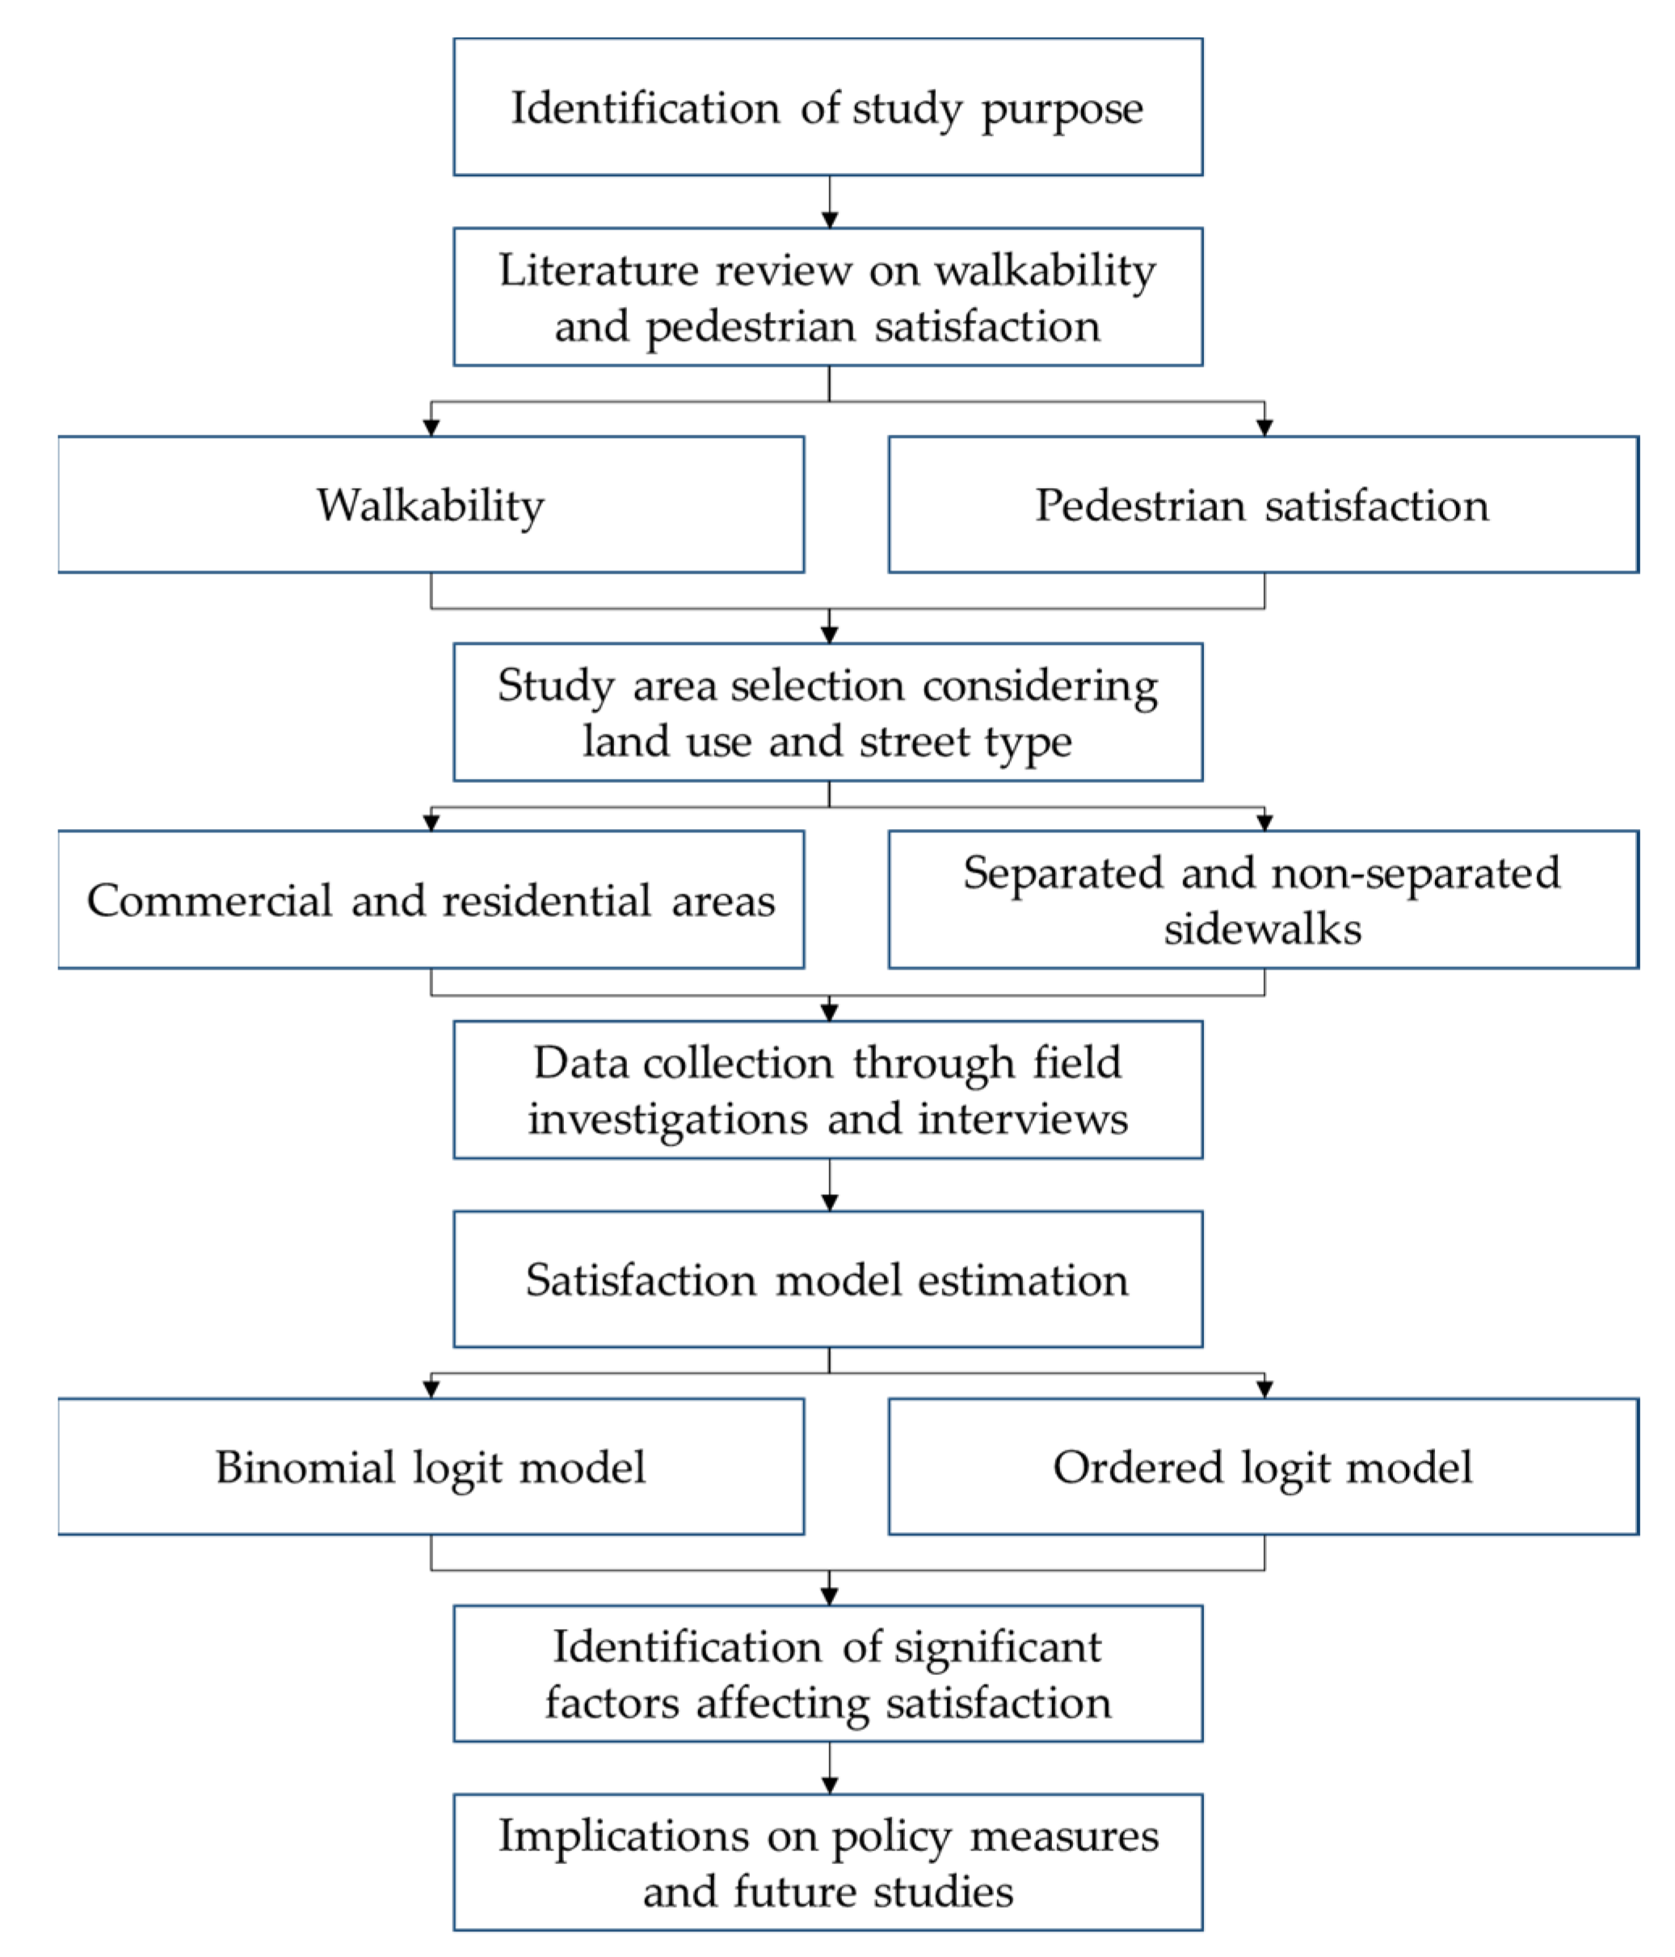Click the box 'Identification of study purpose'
point(827,107)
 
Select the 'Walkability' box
point(431,504)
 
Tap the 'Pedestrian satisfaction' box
point(1262,504)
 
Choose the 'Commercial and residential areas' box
point(431,899)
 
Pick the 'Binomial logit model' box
point(431,1466)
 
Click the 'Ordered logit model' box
point(1262,1466)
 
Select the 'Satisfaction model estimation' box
point(827,1279)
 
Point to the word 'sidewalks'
point(1262,928)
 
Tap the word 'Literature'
point(598,270)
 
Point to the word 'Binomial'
point(305,1467)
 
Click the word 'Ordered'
point(1138,1467)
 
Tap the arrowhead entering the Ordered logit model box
point(1264,1388)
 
